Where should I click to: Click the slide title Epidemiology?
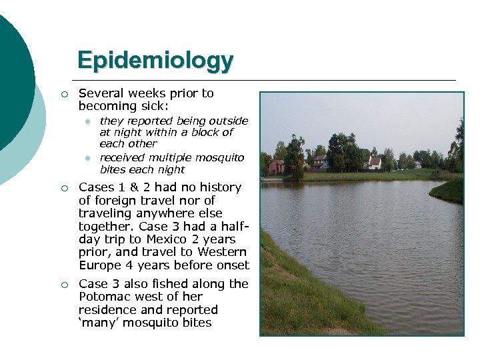point(155,61)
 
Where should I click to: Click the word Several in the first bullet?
point(99,93)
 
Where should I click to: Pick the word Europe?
point(100,265)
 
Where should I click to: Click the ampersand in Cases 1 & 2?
point(133,187)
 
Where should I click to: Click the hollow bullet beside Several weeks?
point(63,94)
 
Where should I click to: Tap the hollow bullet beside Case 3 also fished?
point(63,285)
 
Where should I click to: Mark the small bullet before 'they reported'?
point(87,121)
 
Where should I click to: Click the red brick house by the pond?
point(275,166)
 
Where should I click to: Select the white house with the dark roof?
point(374,163)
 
